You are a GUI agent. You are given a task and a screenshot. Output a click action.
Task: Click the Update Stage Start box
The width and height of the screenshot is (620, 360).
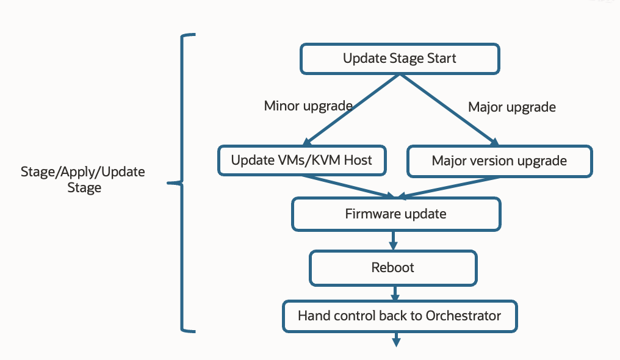(x=399, y=59)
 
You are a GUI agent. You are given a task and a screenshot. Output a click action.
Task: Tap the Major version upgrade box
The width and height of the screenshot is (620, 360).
(x=499, y=161)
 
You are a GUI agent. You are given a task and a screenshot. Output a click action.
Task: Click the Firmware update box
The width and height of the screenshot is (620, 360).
(x=396, y=214)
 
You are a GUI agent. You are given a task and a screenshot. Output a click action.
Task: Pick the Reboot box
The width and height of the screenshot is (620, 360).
(x=393, y=268)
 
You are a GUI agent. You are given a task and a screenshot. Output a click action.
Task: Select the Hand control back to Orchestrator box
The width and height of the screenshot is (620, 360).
(x=400, y=316)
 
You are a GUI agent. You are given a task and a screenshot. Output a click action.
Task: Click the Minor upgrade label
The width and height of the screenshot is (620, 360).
(x=308, y=106)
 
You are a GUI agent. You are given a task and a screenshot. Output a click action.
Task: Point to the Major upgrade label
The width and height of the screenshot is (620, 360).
(x=512, y=107)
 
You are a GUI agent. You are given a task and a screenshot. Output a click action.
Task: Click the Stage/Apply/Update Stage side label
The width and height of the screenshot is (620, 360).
(x=83, y=179)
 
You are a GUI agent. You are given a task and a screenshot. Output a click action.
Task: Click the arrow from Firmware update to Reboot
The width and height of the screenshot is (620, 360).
(x=393, y=239)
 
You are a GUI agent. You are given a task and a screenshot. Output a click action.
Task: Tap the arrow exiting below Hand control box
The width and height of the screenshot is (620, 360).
(x=396, y=339)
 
